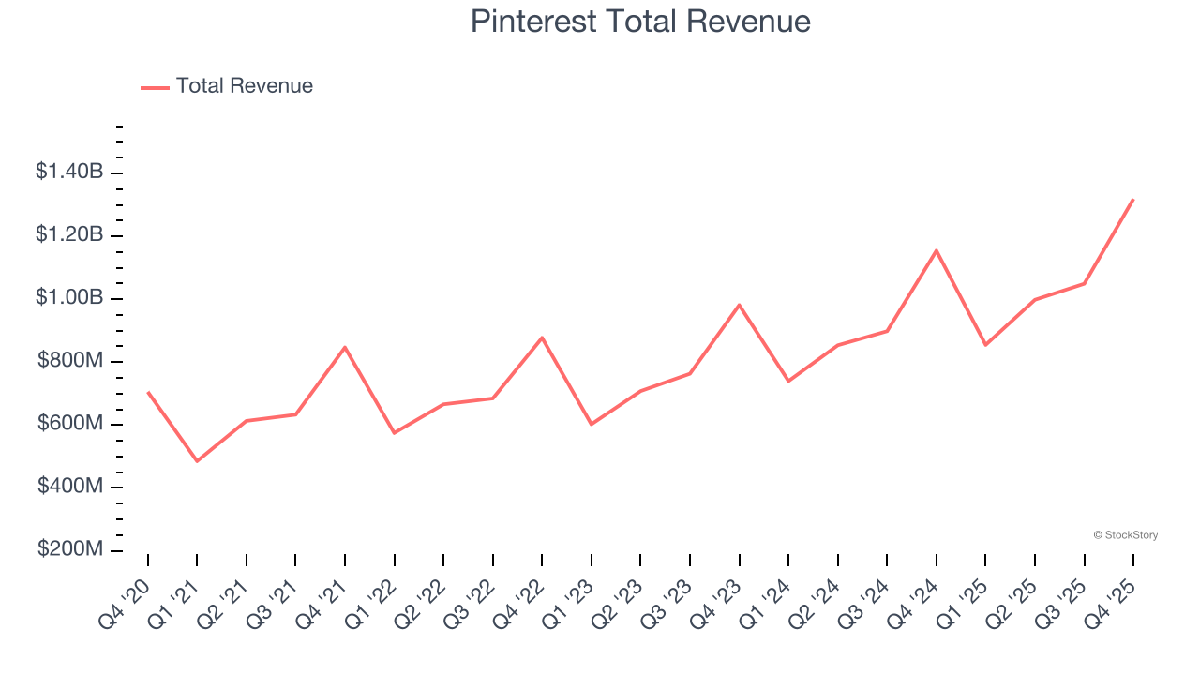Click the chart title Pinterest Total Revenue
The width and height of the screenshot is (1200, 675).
(x=640, y=22)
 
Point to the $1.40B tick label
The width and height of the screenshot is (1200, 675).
(x=69, y=172)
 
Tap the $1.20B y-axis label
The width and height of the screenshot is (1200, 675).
(x=69, y=234)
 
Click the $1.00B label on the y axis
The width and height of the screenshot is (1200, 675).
(x=69, y=298)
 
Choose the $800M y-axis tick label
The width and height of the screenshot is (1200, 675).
(x=70, y=361)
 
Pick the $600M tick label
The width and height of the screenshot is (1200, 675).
(x=70, y=424)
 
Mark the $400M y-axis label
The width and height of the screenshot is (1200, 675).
(x=70, y=487)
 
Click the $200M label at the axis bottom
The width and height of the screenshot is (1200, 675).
(x=70, y=549)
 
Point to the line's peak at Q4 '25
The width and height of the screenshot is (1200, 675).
(x=1133, y=199)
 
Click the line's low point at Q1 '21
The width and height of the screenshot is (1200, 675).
(x=197, y=461)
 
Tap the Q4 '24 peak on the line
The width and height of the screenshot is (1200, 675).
(x=937, y=250)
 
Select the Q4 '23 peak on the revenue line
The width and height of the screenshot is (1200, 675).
(x=740, y=305)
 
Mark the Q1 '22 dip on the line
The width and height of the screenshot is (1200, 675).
(x=395, y=432)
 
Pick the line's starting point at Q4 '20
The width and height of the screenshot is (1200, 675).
(x=148, y=392)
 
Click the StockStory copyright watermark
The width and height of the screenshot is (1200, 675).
(x=1126, y=535)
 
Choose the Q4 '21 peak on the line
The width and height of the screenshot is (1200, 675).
(x=345, y=347)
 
